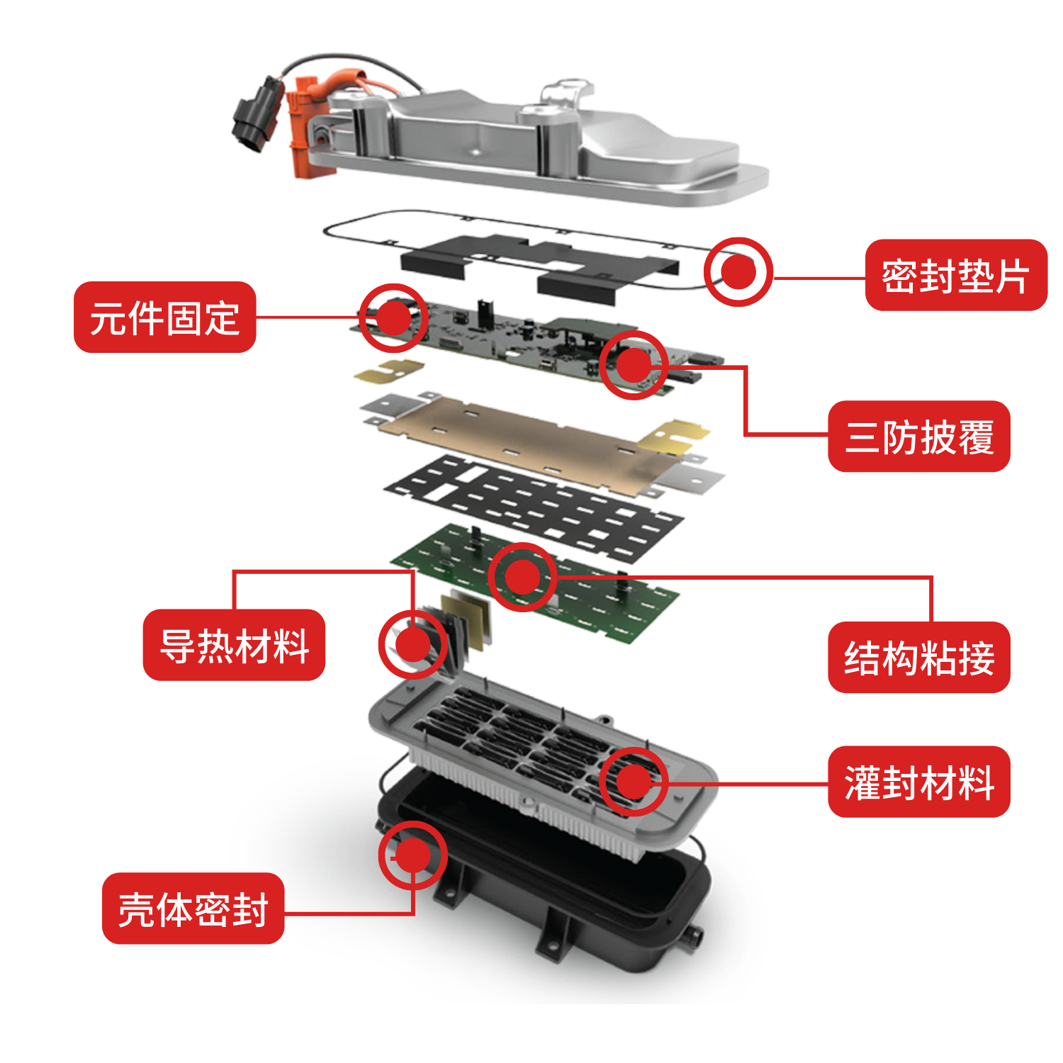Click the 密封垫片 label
(956, 275)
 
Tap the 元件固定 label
(164, 317)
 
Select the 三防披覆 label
(919, 437)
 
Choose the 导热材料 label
(234, 645)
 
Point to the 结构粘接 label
(919, 658)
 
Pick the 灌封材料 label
(919, 782)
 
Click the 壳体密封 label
(193, 909)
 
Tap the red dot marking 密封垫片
(738, 271)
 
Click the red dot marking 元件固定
(393, 317)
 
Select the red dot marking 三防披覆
(634, 365)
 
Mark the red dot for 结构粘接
(523, 577)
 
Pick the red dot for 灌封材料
(634, 781)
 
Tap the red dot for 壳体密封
(412, 855)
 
